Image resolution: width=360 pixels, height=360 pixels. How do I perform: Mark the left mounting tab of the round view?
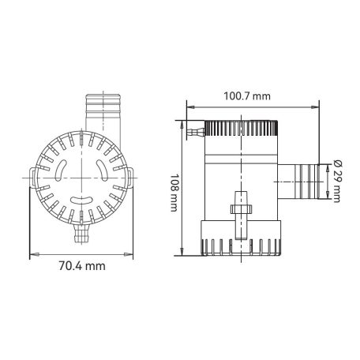pos(32,180)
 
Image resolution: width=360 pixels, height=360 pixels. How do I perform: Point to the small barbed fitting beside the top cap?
pos(193,126)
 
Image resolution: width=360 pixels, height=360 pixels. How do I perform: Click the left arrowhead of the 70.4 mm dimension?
pos(32,254)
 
